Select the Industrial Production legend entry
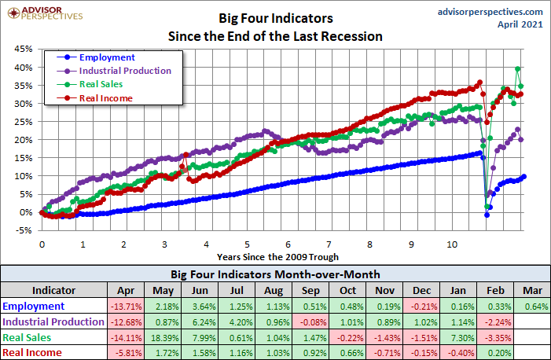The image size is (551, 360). click(x=125, y=71)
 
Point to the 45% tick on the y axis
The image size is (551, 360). click(x=23, y=49)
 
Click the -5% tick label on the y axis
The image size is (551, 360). click(x=23, y=230)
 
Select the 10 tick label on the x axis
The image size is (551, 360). click(x=452, y=244)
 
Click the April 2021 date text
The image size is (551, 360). click(x=520, y=24)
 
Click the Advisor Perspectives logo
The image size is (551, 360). click(x=47, y=14)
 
